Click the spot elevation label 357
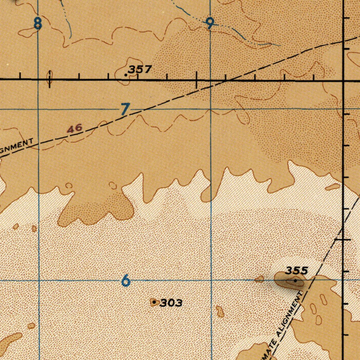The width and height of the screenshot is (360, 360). tap(140, 69)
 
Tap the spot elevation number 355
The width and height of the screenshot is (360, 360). tap(296, 271)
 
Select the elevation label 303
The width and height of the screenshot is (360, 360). tap(171, 303)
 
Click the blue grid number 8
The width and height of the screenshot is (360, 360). tap(38, 24)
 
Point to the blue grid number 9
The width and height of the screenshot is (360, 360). tap(210, 24)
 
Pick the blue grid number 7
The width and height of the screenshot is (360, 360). tap(125, 109)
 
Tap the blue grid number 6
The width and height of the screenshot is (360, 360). tap(125, 281)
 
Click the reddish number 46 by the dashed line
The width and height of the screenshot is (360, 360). tap(75, 128)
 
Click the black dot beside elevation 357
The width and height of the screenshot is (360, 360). tap(126, 75)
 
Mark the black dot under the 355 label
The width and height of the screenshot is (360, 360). tap(295, 281)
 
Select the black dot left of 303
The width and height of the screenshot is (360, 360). tap(154, 302)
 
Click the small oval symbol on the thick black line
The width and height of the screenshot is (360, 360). tap(50, 78)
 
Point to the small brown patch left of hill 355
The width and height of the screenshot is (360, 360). tap(259, 279)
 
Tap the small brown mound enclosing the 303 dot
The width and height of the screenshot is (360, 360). tap(154, 302)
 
